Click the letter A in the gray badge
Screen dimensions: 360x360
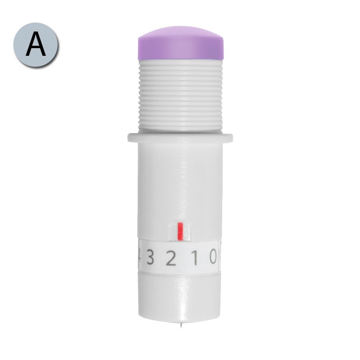tap(36, 44)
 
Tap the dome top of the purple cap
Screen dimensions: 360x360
tap(180, 32)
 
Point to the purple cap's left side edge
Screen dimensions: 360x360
tap(139, 49)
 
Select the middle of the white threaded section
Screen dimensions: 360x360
tap(180, 96)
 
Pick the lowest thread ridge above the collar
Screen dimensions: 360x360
tap(180, 129)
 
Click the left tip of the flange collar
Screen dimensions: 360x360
tap(128, 138)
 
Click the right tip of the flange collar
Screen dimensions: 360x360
tap(232, 138)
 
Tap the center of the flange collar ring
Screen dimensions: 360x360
tap(180, 138)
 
